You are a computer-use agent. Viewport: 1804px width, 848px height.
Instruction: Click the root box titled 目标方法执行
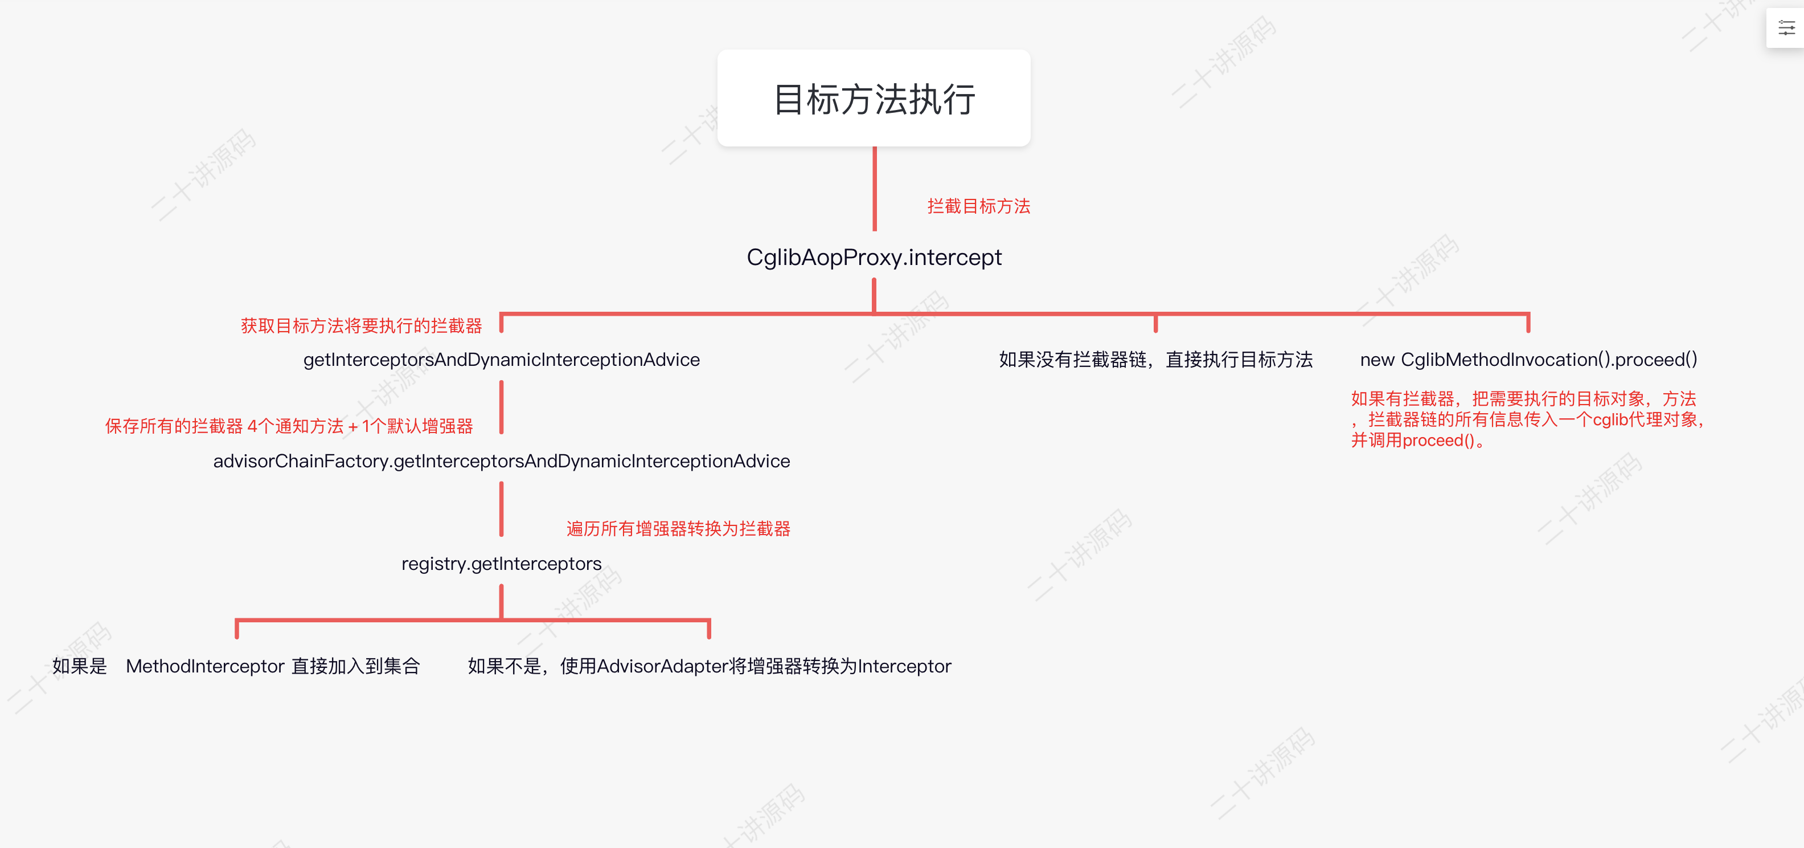[x=874, y=98]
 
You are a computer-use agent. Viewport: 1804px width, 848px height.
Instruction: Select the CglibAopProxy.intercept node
[x=874, y=257]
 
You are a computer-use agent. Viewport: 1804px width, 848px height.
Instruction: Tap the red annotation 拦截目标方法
[x=978, y=206]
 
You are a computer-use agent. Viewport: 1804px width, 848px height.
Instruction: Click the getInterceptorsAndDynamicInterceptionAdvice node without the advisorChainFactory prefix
[x=502, y=360]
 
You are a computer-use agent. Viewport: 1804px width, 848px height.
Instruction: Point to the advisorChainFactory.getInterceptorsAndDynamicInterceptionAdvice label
[x=502, y=461]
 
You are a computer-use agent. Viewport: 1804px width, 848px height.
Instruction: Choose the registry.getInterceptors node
[x=502, y=564]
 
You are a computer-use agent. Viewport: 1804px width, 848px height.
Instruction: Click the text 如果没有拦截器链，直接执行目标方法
[x=1155, y=360]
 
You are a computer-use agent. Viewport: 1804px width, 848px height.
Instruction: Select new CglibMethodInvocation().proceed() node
[x=1528, y=360]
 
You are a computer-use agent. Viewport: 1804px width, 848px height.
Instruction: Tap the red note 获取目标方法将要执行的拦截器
[x=362, y=326]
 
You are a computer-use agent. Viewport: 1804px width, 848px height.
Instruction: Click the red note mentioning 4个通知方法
[x=289, y=426]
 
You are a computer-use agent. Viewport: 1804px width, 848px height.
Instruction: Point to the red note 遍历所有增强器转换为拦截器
[x=678, y=528]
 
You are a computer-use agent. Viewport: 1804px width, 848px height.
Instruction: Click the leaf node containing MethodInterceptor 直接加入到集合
[x=272, y=666]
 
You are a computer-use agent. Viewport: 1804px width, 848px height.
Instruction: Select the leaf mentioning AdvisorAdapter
[x=709, y=666]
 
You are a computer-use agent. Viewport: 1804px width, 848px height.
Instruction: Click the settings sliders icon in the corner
[x=1786, y=28]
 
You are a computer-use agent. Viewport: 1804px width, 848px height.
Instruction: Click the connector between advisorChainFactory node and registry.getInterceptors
[x=502, y=509]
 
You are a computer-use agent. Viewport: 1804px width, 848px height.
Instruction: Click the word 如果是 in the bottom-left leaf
[x=79, y=666]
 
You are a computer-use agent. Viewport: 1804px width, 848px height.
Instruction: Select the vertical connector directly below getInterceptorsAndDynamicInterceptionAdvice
[x=502, y=406]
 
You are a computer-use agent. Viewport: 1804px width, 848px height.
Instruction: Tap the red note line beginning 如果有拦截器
[x=1523, y=399]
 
